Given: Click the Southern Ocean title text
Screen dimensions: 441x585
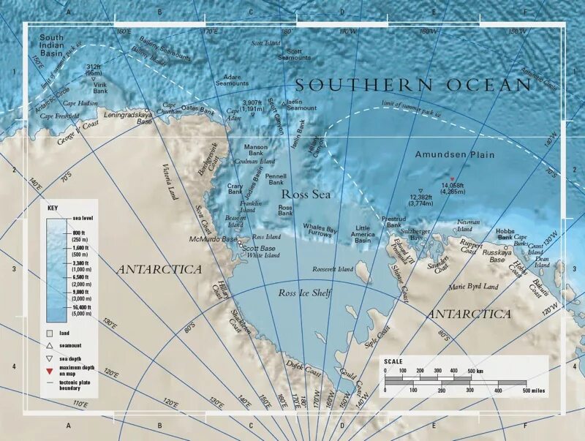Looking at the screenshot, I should pyautogui.click(x=413, y=85).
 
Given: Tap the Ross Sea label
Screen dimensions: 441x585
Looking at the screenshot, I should pyautogui.click(x=306, y=195).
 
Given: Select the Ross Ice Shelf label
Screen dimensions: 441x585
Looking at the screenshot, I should pyautogui.click(x=305, y=293).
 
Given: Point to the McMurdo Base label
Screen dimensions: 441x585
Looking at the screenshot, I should pyautogui.click(x=214, y=240).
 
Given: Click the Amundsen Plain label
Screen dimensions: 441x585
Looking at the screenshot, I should pyautogui.click(x=454, y=155).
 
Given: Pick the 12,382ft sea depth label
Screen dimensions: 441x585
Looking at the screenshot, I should pyautogui.click(x=420, y=200).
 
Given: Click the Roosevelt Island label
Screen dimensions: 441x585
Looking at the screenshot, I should pyautogui.click(x=333, y=269).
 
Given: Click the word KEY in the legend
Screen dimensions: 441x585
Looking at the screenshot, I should pyautogui.click(x=53, y=208).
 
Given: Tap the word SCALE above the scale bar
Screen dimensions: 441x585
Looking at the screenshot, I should pyautogui.click(x=393, y=361).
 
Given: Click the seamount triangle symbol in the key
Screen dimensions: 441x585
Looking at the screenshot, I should pyautogui.click(x=49, y=345).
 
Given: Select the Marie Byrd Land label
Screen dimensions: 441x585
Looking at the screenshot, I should pyautogui.click(x=473, y=287).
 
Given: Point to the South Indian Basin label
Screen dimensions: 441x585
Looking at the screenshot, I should pyautogui.click(x=52, y=45).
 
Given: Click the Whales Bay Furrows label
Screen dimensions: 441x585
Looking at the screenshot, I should pyautogui.click(x=320, y=232).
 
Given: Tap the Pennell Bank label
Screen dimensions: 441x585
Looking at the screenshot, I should pyautogui.click(x=276, y=180).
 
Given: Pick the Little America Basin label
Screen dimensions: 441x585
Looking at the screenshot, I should pyautogui.click(x=363, y=234).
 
